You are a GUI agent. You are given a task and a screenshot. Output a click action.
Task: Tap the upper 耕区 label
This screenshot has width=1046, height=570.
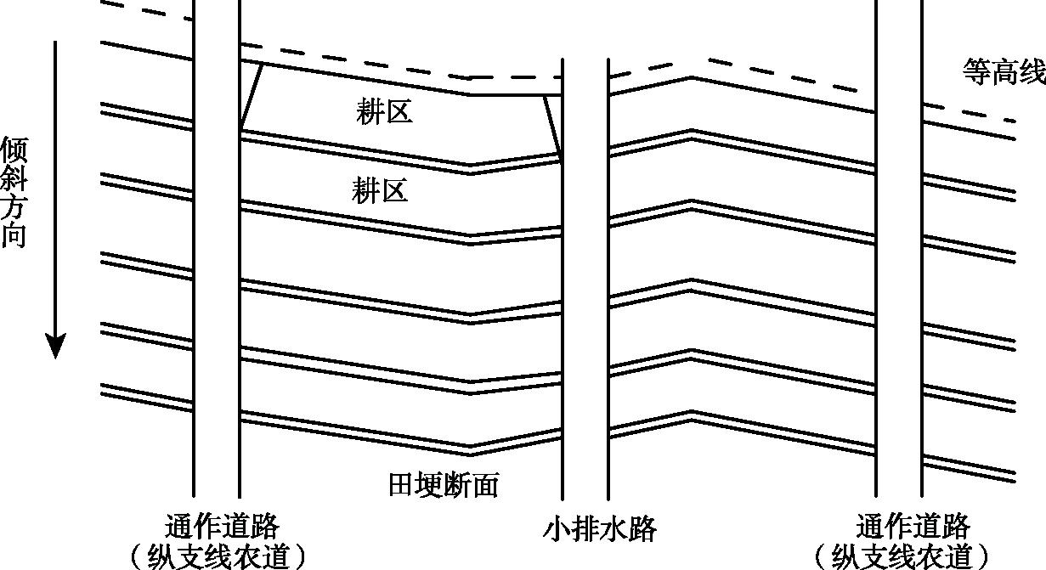[384, 111]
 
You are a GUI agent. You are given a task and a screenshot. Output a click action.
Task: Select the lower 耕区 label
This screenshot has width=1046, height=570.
[380, 190]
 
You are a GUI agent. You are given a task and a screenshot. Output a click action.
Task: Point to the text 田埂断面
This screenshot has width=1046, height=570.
[443, 485]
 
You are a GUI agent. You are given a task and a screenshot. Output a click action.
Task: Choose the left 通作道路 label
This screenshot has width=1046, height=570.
[223, 526]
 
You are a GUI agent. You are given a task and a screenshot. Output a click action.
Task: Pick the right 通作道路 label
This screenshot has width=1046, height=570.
[914, 526]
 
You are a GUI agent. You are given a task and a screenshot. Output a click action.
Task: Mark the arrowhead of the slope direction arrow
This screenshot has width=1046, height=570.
[55, 347]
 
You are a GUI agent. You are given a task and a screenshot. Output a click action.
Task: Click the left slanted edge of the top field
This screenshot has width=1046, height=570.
[252, 96]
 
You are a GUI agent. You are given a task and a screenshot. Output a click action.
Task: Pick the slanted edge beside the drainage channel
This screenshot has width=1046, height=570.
[552, 127]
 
